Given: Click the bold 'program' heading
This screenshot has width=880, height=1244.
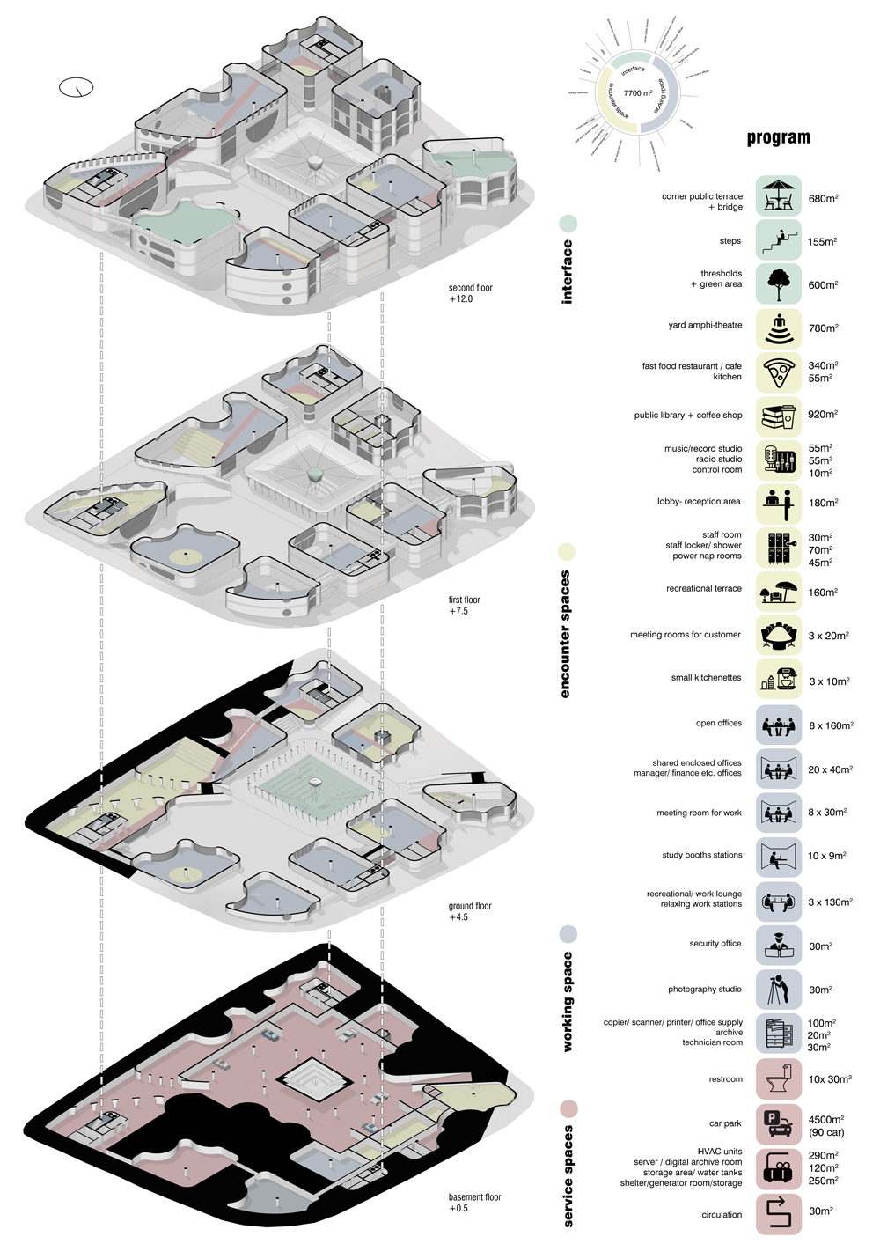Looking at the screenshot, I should [x=778, y=137].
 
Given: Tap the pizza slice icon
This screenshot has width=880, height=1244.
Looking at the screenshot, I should [x=779, y=372].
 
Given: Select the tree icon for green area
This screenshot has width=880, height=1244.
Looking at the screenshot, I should [x=779, y=284].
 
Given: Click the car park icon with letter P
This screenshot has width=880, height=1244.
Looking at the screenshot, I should [x=779, y=1123].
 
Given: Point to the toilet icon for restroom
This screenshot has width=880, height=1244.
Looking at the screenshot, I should [x=779, y=1078].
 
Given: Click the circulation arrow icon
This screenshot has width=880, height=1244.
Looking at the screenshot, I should [x=779, y=1213].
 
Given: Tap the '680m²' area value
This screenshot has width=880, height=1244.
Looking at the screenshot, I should [x=823, y=199].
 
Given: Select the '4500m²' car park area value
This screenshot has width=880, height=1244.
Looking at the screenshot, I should [x=825, y=1120].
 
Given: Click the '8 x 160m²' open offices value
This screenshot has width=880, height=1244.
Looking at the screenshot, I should [x=831, y=726].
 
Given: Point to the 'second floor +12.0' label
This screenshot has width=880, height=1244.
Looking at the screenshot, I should [x=470, y=293].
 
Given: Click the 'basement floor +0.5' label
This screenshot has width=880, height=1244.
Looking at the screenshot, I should [x=474, y=1203].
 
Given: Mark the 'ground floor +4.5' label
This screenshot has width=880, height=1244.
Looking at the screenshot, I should [x=470, y=911].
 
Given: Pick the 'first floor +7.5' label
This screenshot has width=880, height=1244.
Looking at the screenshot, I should [x=465, y=605].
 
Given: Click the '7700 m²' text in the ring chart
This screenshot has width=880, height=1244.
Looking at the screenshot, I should [x=638, y=93].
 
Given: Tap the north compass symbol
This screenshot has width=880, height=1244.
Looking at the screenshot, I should [x=77, y=87].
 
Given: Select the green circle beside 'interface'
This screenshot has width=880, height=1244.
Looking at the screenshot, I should [x=568, y=223].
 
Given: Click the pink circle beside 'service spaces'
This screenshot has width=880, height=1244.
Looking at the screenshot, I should [x=568, y=1108].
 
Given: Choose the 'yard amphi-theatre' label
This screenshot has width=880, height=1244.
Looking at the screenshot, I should [x=705, y=325].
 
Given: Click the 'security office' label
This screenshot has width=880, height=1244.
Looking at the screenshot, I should [x=715, y=944].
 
